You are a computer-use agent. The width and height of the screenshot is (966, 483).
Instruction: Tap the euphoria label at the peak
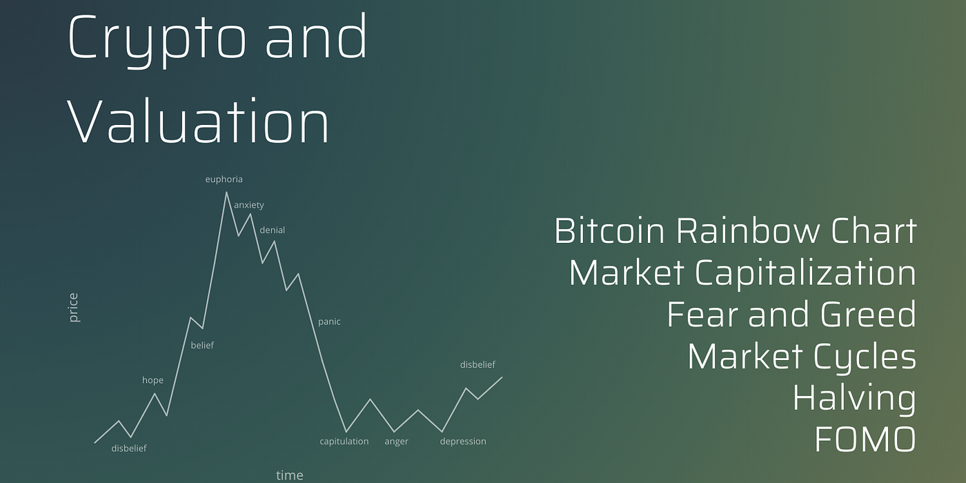point(224,179)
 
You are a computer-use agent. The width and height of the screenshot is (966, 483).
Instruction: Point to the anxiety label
point(249,206)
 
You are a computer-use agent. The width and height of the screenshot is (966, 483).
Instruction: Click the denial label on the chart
point(272,230)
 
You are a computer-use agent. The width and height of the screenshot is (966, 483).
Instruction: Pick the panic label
point(329,322)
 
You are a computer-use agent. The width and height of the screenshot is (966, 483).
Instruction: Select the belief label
point(202,345)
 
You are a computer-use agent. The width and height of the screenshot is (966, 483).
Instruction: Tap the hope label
point(152,380)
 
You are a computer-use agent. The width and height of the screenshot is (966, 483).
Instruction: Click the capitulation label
point(344,442)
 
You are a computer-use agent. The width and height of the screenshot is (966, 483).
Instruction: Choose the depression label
point(463,442)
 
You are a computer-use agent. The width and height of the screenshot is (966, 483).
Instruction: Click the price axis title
point(74,308)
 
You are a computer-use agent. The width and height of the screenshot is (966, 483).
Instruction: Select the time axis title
point(289,475)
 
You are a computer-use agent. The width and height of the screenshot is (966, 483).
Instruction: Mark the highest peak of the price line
point(226,193)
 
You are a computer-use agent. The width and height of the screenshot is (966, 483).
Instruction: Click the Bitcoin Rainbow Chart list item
point(736,231)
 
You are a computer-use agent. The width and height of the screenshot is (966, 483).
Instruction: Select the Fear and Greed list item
point(791,315)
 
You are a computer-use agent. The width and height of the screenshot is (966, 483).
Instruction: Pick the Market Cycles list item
point(802,357)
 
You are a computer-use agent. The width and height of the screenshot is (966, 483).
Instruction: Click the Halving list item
point(854,399)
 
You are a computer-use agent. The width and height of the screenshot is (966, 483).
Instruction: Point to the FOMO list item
point(865,440)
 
